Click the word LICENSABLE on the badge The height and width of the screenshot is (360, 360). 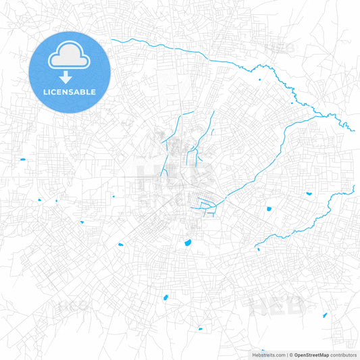click(70, 91)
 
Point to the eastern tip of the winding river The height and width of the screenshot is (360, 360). click(353, 130)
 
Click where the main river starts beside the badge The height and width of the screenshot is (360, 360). click(112, 41)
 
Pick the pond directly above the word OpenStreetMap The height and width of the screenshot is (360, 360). click(325, 315)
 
